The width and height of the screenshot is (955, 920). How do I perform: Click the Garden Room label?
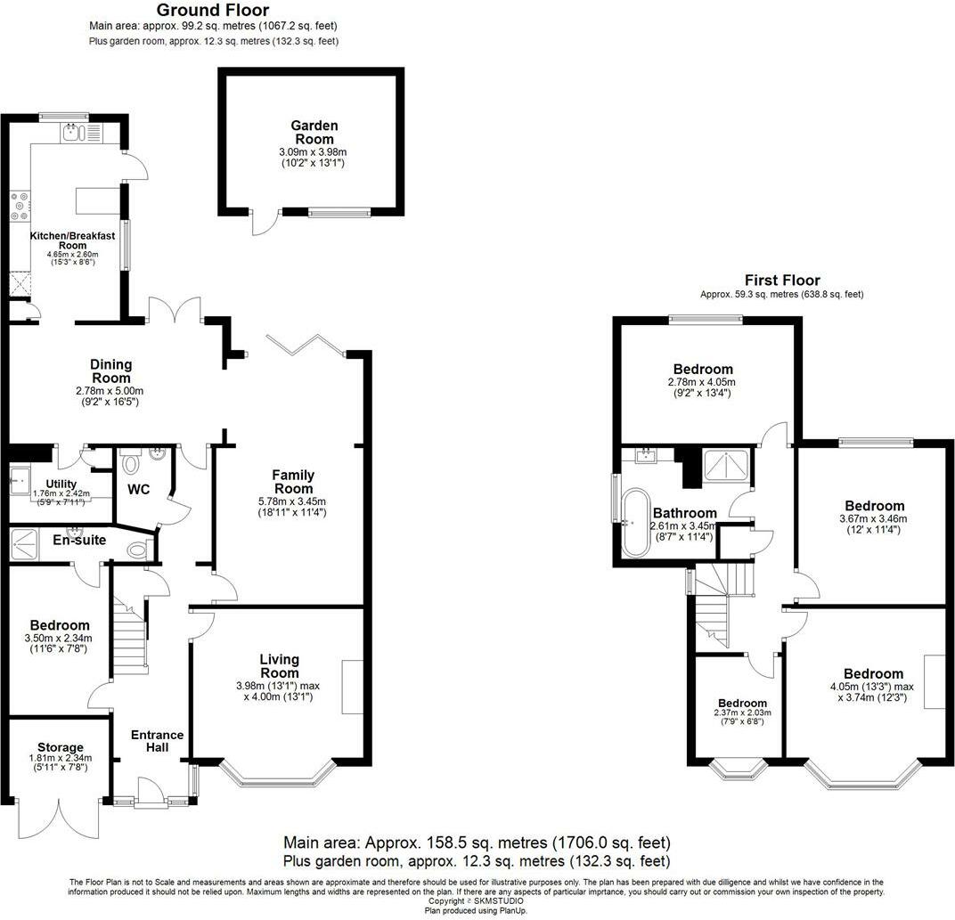point(314,133)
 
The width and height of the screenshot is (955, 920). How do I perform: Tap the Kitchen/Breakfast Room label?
point(73,240)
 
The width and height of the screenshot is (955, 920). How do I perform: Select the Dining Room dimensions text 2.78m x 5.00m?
point(110,390)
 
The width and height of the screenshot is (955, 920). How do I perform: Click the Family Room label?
point(293,482)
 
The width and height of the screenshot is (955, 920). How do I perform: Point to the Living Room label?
point(279,665)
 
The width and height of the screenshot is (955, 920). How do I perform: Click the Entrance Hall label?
point(157,740)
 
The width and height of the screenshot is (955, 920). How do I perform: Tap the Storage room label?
point(60,747)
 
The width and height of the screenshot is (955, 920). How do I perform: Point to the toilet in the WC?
point(130,464)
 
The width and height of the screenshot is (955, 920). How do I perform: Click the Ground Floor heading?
point(213,11)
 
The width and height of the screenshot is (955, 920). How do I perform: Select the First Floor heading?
point(781,280)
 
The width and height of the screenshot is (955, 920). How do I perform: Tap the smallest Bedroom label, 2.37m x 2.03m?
point(742,703)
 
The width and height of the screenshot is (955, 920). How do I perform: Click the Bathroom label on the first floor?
point(684,513)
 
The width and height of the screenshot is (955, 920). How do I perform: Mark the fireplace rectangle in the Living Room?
point(352,686)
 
